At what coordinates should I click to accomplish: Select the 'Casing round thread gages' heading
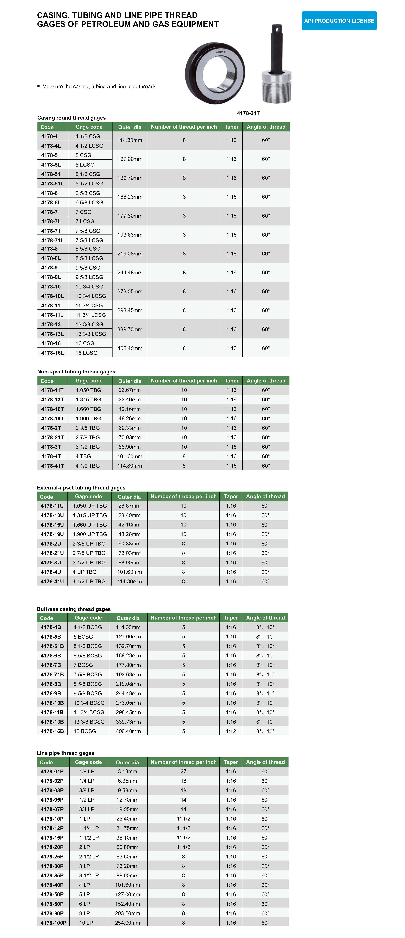click(x=71, y=118)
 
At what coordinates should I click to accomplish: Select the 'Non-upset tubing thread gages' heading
click(x=76, y=371)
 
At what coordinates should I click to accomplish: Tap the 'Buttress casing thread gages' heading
click(x=73, y=609)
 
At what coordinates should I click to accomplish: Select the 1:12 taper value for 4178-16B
click(x=231, y=731)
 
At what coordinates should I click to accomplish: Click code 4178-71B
click(x=52, y=674)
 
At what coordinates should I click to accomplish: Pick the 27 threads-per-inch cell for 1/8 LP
click(x=183, y=771)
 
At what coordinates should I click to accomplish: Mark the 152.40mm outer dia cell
click(x=127, y=904)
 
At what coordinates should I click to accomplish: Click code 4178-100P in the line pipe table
click(x=53, y=923)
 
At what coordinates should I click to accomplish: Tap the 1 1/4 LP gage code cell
click(x=89, y=828)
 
